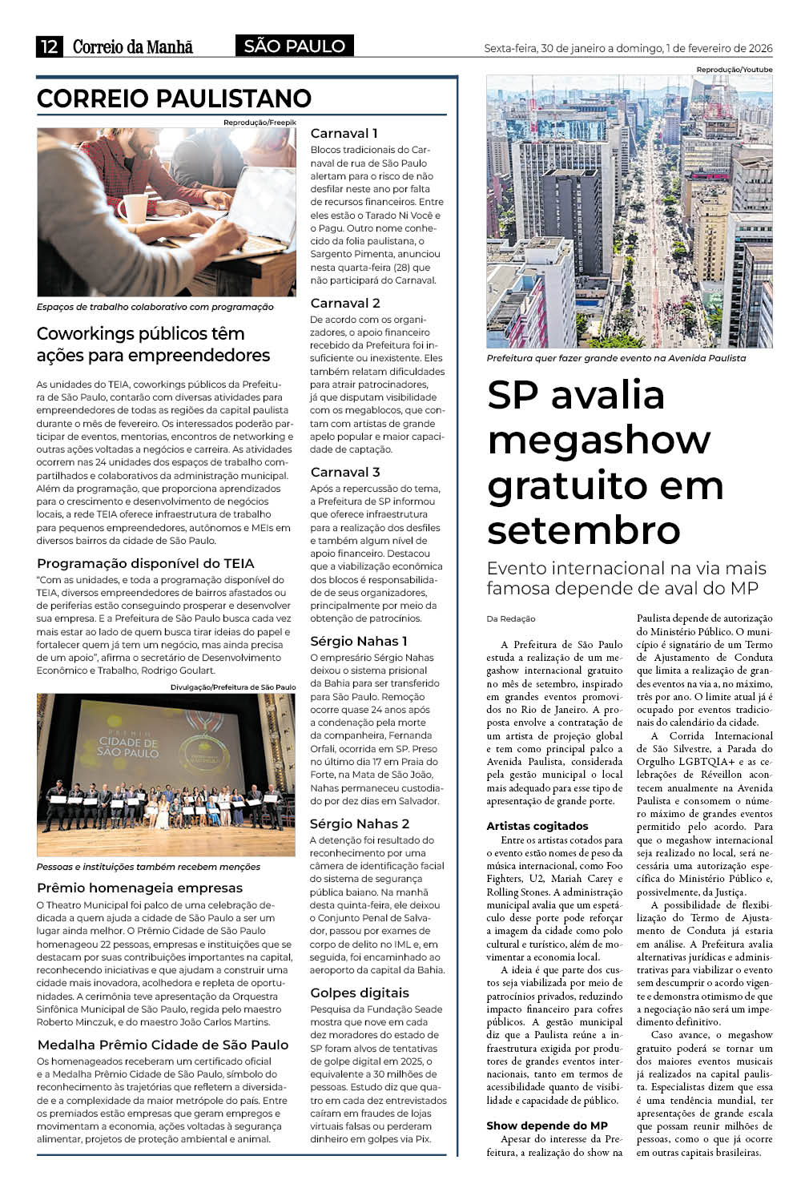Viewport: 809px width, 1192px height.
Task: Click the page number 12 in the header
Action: (49, 47)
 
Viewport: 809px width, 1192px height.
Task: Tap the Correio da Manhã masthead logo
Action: (133, 47)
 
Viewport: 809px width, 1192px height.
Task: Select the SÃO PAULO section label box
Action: (294, 46)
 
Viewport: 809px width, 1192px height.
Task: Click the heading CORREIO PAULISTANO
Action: (174, 99)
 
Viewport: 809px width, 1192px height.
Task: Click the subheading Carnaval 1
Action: (344, 133)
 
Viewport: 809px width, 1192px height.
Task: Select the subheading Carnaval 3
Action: (345, 472)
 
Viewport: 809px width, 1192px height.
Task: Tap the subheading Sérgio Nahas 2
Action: (360, 824)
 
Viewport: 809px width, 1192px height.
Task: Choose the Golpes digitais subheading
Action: (360, 993)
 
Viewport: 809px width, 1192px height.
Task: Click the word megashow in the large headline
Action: (598, 440)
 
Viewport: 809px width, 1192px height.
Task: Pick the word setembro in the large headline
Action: (583, 530)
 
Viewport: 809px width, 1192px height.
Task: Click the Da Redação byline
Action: (511, 618)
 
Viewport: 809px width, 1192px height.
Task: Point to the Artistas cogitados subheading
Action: (537, 826)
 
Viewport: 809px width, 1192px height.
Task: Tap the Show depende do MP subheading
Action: (546, 1126)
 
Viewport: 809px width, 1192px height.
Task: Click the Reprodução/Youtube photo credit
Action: (734, 70)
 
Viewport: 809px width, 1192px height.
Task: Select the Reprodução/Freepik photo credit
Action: (260, 122)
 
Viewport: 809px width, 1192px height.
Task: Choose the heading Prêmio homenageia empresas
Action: (139, 888)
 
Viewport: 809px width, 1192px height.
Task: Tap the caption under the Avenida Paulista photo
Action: (616, 358)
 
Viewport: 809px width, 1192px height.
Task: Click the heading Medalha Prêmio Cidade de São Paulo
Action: (163, 1045)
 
